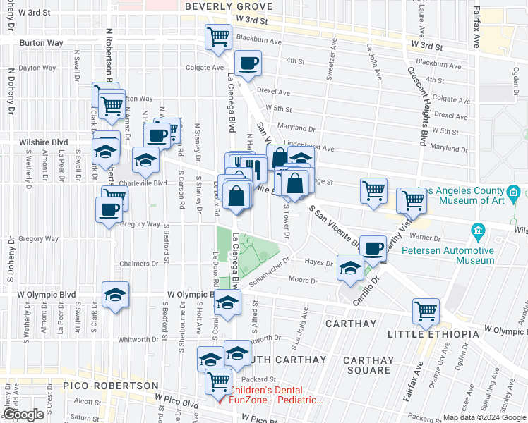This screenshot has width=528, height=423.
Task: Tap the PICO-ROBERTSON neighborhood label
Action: tap(110, 386)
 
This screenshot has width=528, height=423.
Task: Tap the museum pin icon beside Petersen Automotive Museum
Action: tap(478, 231)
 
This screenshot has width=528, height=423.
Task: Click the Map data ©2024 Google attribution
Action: tap(484, 417)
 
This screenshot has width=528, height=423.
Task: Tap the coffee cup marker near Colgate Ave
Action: tap(248, 64)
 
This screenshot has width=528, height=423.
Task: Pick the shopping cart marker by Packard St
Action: tap(219, 382)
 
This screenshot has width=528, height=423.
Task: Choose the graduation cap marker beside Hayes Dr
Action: tap(350, 269)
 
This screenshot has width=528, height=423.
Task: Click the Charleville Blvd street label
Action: tap(143, 183)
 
